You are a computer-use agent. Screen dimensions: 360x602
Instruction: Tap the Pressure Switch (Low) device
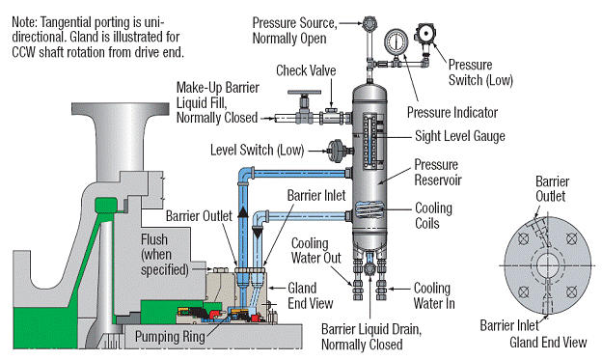pyautogui.click(x=425, y=35)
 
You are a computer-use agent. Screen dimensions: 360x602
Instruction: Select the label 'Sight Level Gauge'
pyautogui.click(x=459, y=136)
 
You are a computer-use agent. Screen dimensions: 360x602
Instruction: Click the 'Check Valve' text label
pyautogui.click(x=305, y=70)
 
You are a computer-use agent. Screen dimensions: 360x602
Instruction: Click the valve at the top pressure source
pyautogui.click(x=368, y=21)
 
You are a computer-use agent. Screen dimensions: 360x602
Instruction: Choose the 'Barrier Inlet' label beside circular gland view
pyautogui.click(x=507, y=325)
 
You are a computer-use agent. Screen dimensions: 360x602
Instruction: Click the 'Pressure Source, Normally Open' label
pyautogui.click(x=295, y=30)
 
